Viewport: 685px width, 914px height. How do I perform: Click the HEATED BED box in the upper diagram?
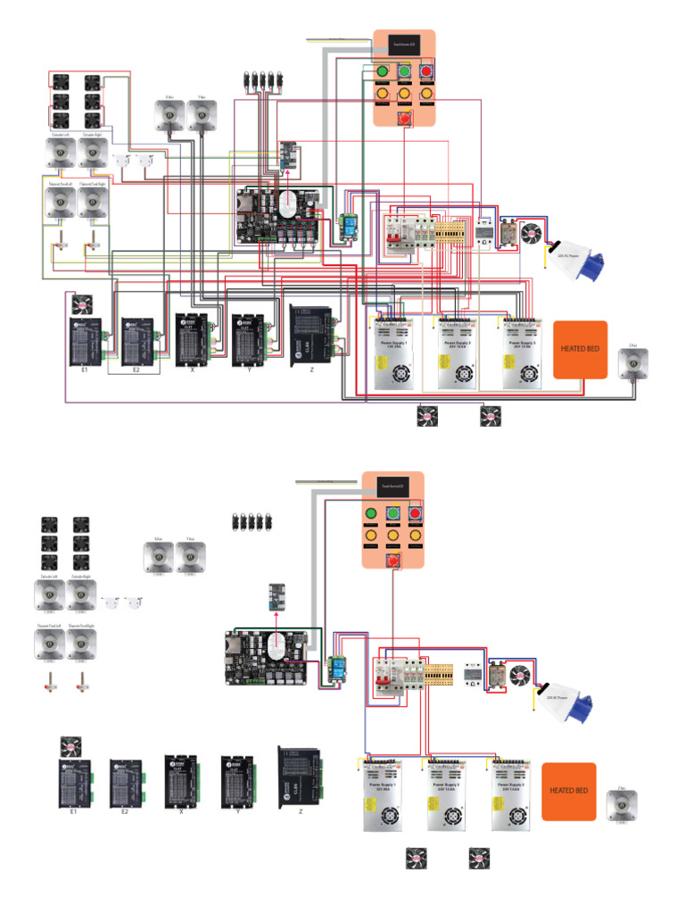click(x=581, y=349)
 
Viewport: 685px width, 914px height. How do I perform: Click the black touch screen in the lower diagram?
click(x=393, y=486)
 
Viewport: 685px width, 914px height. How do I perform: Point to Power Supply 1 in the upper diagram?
click(x=392, y=352)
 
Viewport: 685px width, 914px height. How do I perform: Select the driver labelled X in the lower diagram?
click(x=181, y=780)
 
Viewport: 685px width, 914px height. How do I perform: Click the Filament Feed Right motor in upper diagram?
click(x=92, y=202)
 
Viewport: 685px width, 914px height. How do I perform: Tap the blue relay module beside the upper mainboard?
click(x=347, y=228)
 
